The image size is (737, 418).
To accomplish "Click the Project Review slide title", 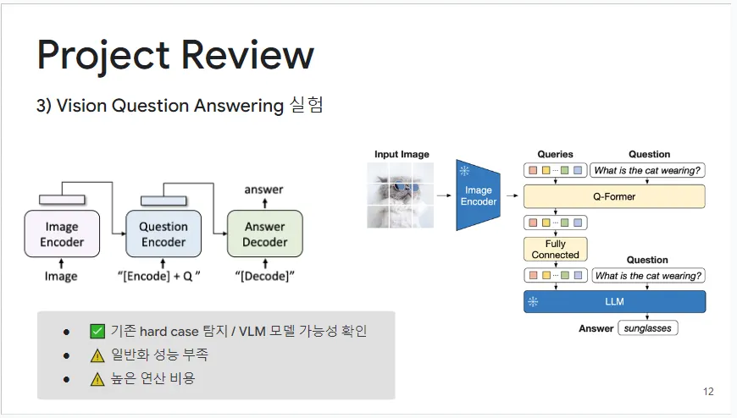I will [x=175, y=56].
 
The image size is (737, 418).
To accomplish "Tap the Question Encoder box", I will [x=163, y=234].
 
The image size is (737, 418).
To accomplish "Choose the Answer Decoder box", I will [x=264, y=234].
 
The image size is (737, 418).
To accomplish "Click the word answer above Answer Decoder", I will [x=263, y=190].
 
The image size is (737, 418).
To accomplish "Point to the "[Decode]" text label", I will [x=264, y=277].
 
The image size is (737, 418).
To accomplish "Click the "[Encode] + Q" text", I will [x=163, y=277].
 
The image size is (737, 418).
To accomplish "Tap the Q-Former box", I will [x=613, y=197].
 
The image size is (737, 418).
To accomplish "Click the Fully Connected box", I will [x=556, y=250].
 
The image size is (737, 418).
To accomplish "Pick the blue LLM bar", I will [x=613, y=301].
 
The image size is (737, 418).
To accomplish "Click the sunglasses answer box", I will [x=648, y=328].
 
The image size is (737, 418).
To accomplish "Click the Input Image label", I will [x=402, y=155].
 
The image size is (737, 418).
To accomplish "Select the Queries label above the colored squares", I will [x=555, y=155].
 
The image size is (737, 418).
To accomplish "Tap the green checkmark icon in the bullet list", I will [x=97, y=331].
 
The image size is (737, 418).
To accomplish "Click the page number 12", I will [x=708, y=392].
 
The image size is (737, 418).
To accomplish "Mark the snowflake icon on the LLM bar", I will [x=533, y=301].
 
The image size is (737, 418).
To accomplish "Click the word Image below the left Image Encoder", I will [x=61, y=277].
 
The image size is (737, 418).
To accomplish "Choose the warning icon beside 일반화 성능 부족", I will [x=97, y=355].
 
